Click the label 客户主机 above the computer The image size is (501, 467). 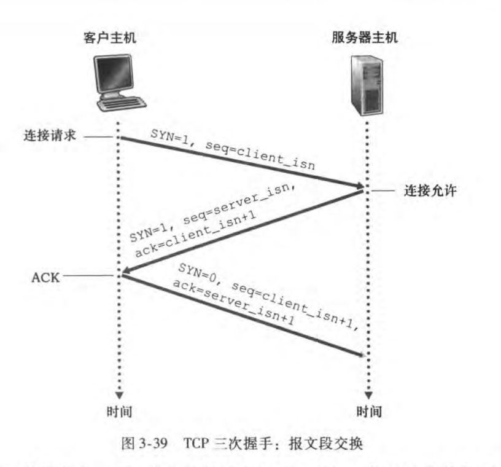tap(110, 37)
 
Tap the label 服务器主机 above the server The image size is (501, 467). tap(365, 37)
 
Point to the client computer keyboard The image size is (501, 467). tap(122, 104)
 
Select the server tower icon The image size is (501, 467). tap(367, 85)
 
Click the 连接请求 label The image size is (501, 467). tap(50, 135)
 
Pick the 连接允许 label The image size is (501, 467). tap(430, 190)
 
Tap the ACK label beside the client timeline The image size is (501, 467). tap(45, 277)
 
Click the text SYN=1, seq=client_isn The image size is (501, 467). tap(233, 149)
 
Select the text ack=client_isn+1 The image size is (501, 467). tap(195, 233)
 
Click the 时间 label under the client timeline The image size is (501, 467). tap(119, 411)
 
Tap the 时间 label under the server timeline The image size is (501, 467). tap(369, 411)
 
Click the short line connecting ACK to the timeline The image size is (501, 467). tap(88, 275)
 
